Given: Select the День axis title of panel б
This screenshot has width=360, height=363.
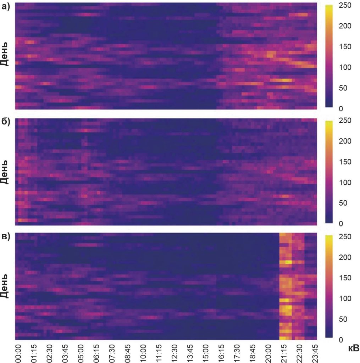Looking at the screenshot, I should click(5, 172).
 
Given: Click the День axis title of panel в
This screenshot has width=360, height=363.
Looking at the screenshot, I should click(5, 286).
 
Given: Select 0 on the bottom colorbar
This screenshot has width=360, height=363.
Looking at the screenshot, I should click(340, 340).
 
